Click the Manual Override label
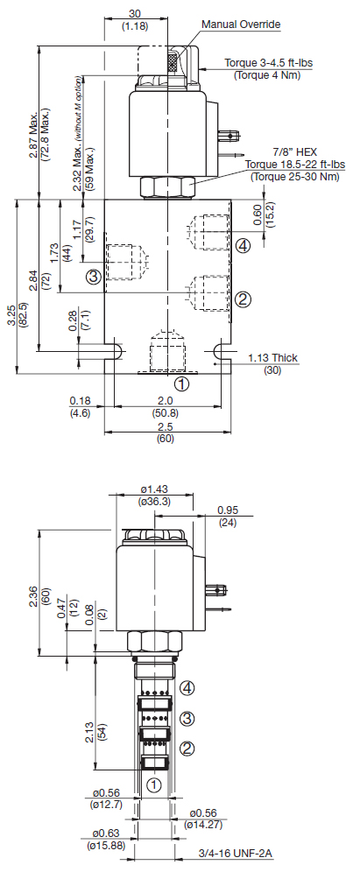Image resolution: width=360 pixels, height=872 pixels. (x=241, y=24)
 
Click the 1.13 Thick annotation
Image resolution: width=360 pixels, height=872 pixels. (x=272, y=357)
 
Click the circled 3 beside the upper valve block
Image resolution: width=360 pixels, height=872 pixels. (x=93, y=276)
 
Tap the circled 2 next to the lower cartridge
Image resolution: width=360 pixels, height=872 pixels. (x=188, y=749)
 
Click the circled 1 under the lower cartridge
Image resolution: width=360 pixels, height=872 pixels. (x=153, y=784)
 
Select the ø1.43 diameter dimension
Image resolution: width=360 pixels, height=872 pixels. (x=153, y=489)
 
